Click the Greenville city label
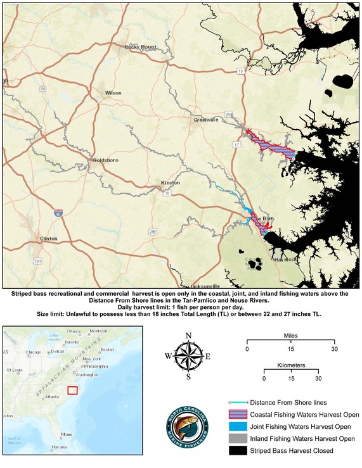(206, 118)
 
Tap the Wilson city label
(113, 93)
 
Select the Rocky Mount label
(140, 47)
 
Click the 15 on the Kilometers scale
(291, 379)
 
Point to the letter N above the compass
(188, 336)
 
